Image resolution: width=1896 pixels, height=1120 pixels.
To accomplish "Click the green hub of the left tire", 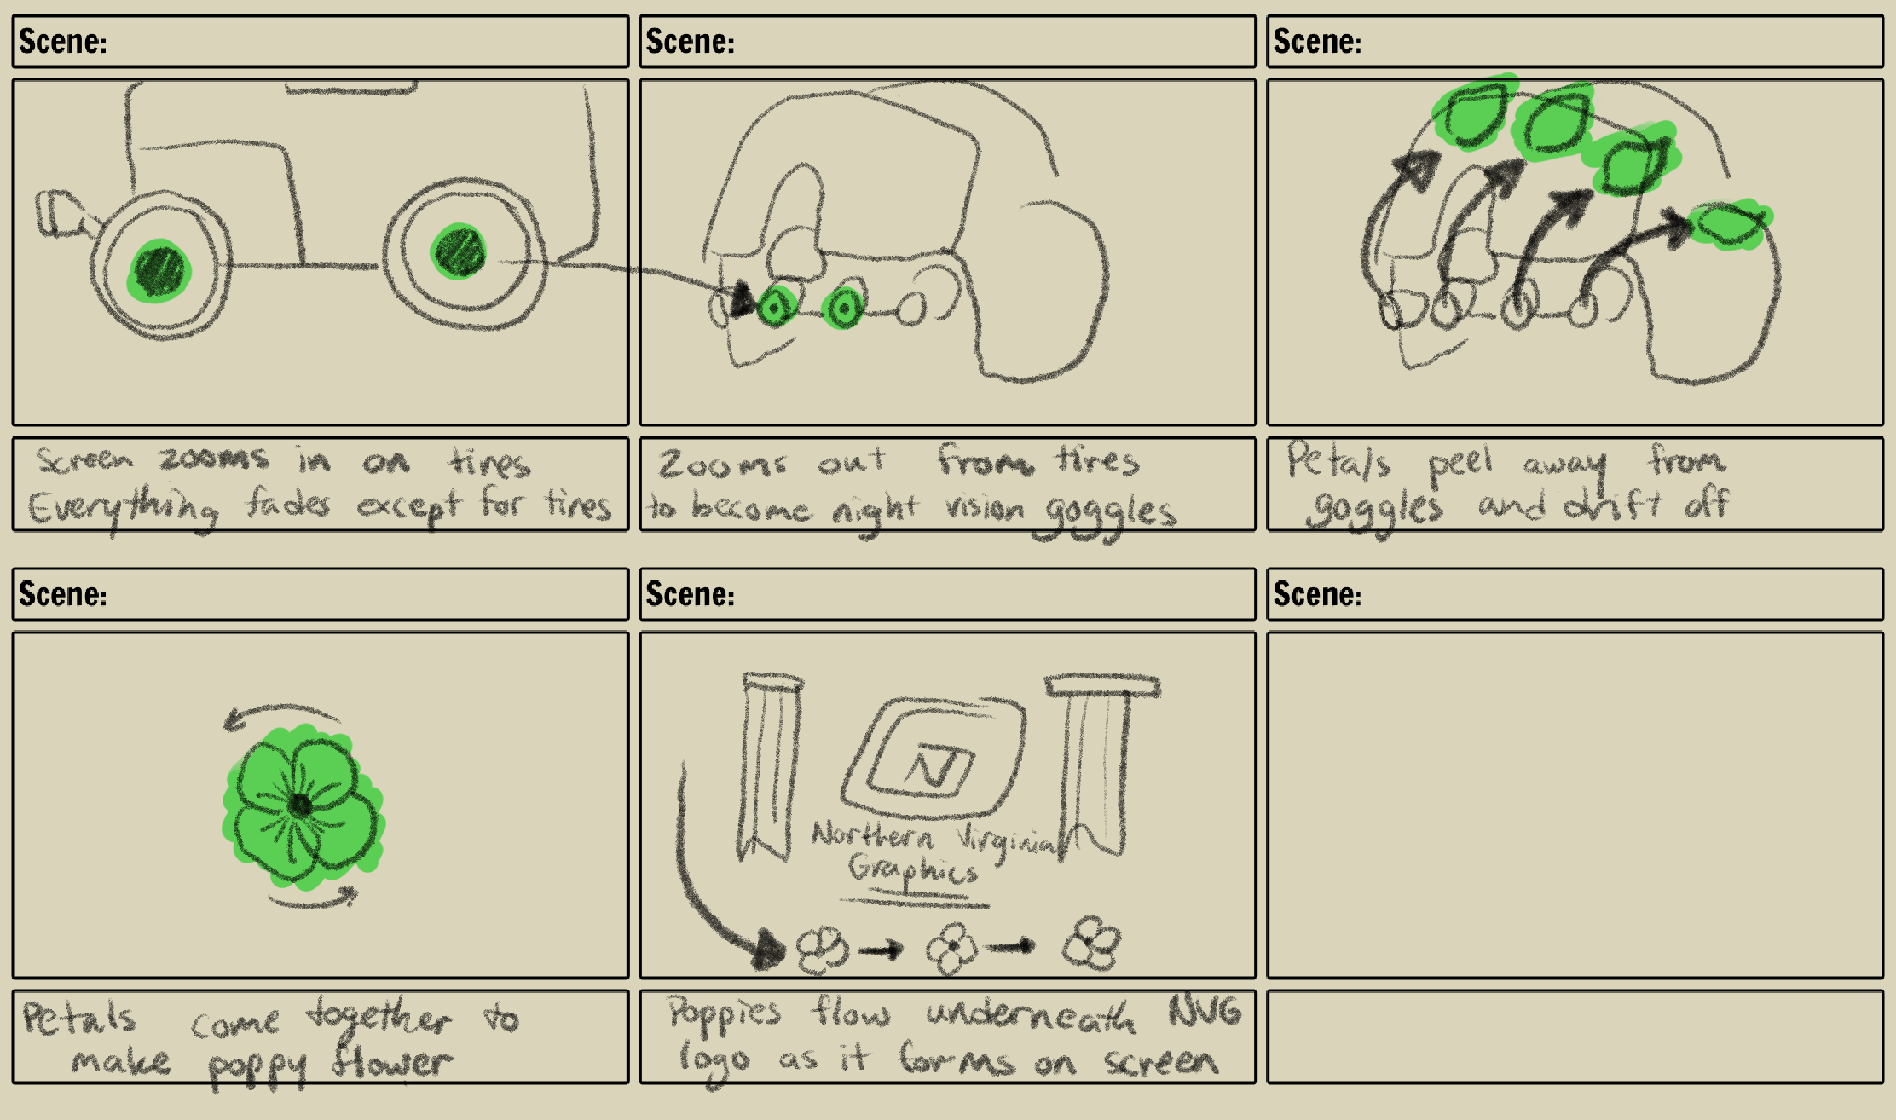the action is pyautogui.click(x=159, y=270).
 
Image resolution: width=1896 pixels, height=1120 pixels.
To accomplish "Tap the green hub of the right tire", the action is pyautogui.click(x=459, y=251).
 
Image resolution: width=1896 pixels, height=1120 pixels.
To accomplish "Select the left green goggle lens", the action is pyautogui.click(x=775, y=306).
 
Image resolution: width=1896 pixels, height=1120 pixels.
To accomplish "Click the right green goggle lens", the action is pyautogui.click(x=843, y=309).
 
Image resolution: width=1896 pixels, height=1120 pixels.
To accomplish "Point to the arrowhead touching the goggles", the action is pyautogui.click(x=742, y=299).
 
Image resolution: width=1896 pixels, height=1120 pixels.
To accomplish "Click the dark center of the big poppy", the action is pyautogui.click(x=300, y=804).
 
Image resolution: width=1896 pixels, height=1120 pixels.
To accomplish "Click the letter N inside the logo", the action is pyautogui.click(x=933, y=768).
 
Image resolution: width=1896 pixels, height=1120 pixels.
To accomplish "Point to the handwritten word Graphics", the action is pyautogui.click(x=912, y=870).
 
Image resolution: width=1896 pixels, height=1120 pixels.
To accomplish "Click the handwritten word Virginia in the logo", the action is pyautogui.click(x=1006, y=840).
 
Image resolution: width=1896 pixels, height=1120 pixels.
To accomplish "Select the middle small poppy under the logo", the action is pyautogui.click(x=952, y=947).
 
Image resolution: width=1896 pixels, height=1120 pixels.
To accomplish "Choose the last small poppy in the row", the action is pyautogui.click(x=1092, y=943).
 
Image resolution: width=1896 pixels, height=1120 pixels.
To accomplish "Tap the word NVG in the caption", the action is pyautogui.click(x=1205, y=1012).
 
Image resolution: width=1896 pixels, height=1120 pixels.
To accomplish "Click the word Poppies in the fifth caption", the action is pyautogui.click(x=723, y=1014).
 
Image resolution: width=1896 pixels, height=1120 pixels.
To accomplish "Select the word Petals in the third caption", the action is pyautogui.click(x=1338, y=462).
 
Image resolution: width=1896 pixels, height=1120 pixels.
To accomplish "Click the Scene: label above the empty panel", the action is pyautogui.click(x=1317, y=594).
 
